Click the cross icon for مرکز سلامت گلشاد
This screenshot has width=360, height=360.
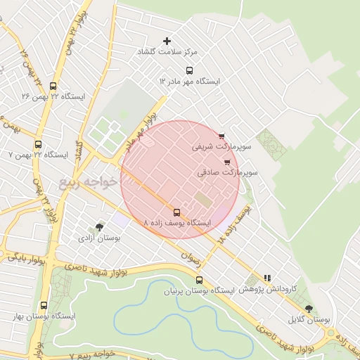tap(167, 41)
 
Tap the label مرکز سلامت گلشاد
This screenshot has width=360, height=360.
tap(168, 53)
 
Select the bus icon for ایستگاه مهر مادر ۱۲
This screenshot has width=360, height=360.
tap(188, 70)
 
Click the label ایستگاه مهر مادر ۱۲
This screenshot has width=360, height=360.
tap(189, 82)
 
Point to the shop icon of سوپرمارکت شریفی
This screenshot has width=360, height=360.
tap(221, 136)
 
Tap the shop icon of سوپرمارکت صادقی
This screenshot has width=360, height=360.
tap(226, 161)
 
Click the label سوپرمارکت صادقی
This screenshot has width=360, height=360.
tap(229, 172)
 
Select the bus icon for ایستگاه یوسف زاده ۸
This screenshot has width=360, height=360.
tap(176, 212)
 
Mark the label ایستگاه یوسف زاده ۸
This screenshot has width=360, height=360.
tap(176, 223)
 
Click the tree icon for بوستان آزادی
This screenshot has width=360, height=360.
tap(98, 227)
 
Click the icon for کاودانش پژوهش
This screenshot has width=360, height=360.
tap(266, 278)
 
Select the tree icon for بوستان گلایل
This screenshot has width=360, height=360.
tap(309, 308)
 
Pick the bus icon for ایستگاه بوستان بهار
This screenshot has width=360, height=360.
tap(44, 306)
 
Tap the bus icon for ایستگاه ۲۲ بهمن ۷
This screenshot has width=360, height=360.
tap(39, 141)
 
